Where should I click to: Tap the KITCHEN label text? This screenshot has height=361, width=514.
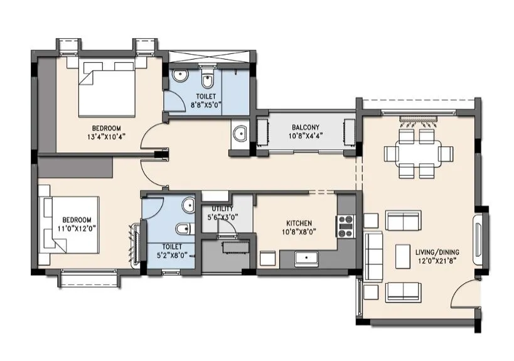pyautogui.click(x=299, y=223)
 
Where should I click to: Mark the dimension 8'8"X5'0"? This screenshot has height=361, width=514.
pyautogui.click(x=189, y=106)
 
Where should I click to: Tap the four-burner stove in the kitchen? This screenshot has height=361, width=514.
pyautogui.click(x=346, y=226)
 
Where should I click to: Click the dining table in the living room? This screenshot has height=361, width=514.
pyautogui.click(x=419, y=153)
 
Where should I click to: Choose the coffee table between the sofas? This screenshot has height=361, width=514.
pyautogui.click(x=403, y=256)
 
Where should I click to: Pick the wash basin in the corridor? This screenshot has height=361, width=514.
pyautogui.click(x=238, y=134)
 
